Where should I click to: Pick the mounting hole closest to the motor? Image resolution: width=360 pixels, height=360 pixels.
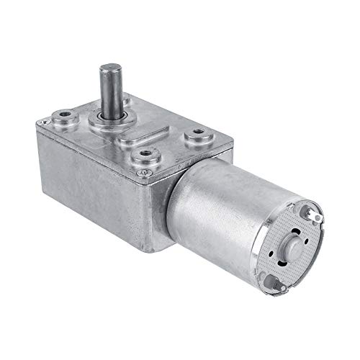click(192, 135)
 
